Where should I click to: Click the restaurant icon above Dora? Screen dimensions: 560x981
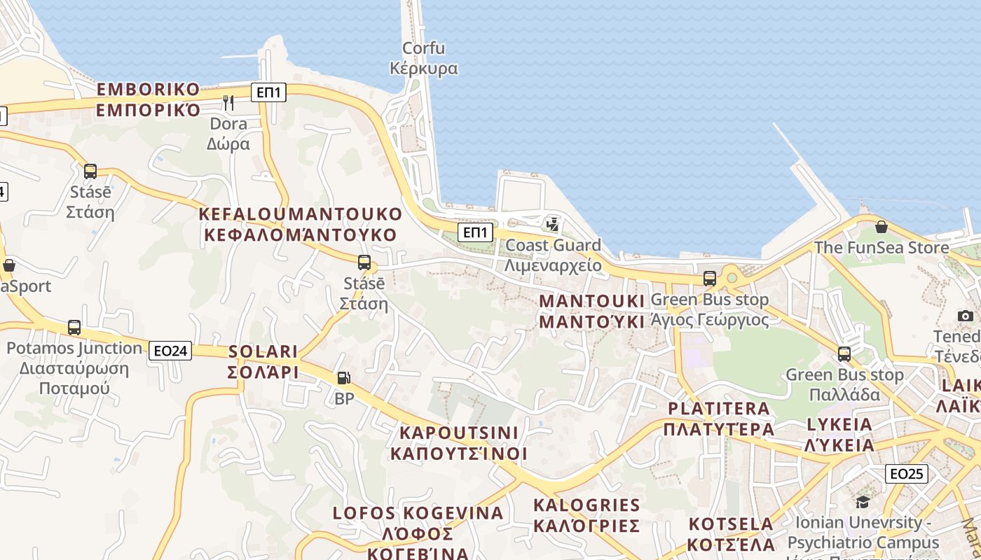[228, 103]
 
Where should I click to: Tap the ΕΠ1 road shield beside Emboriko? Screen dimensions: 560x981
[269, 92]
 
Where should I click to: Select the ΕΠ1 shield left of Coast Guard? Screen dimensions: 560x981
[475, 232]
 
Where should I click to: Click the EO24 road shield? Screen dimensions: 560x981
[170, 351]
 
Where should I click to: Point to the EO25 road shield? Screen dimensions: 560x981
[906, 474]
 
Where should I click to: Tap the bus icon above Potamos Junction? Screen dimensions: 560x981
[74, 327]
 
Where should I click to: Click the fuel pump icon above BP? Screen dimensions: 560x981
[343, 378]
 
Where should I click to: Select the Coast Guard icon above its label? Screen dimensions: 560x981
[553, 225]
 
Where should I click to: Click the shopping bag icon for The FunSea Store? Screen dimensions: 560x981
[881, 227]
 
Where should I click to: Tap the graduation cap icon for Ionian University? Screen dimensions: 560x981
[863, 502]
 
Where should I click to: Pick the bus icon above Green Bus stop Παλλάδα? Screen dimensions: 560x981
[844, 354]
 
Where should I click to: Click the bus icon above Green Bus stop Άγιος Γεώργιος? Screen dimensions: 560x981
[710, 279]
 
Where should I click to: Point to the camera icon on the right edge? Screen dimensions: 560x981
[966, 316]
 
